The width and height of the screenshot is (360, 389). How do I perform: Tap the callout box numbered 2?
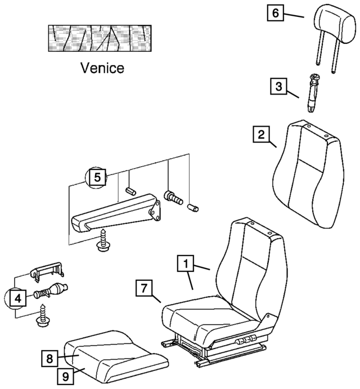pos(260,135)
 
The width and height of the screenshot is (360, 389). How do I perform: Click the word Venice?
pos(102,69)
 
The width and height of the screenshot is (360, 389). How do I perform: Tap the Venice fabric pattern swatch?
pos(101,38)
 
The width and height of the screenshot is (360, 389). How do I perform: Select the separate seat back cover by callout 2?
pos(307,175)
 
